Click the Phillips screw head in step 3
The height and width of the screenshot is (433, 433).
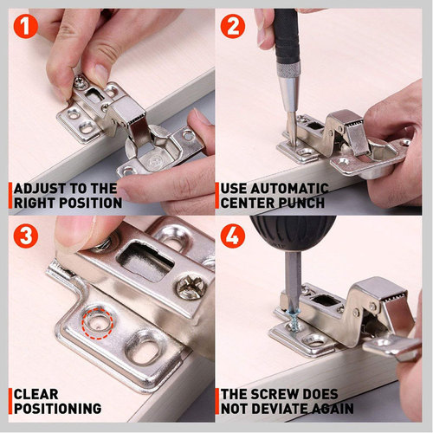click(x=191, y=286)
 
